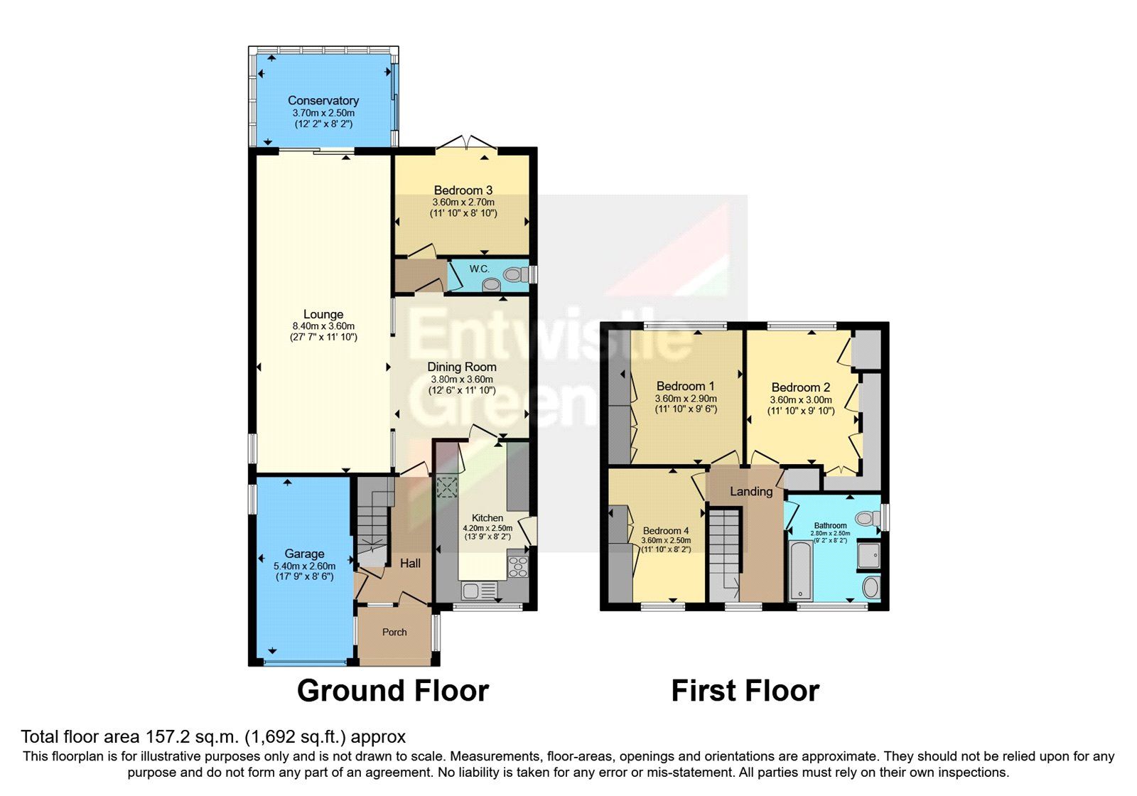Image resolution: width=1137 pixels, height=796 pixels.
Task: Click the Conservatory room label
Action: [x=323, y=100]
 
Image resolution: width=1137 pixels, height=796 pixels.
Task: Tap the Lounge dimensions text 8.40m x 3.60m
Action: [x=323, y=326]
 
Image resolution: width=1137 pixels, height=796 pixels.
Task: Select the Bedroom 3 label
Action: [x=463, y=190]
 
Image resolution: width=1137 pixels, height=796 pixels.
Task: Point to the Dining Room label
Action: [x=461, y=367]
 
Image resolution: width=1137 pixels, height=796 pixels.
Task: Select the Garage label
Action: [x=304, y=554]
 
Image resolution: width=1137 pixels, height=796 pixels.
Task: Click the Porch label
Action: [x=394, y=632]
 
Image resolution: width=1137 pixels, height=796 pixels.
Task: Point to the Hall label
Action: [x=410, y=563]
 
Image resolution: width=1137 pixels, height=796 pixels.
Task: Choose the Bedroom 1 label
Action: [x=685, y=386]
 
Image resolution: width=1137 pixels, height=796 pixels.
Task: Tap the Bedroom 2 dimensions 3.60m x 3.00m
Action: [x=801, y=400]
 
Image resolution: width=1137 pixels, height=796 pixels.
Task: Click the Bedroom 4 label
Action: [x=665, y=531]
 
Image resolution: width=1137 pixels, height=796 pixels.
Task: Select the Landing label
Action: [x=751, y=491]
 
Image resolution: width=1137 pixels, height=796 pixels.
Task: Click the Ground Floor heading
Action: [x=392, y=690]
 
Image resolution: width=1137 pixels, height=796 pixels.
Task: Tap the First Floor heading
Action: [x=745, y=690]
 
